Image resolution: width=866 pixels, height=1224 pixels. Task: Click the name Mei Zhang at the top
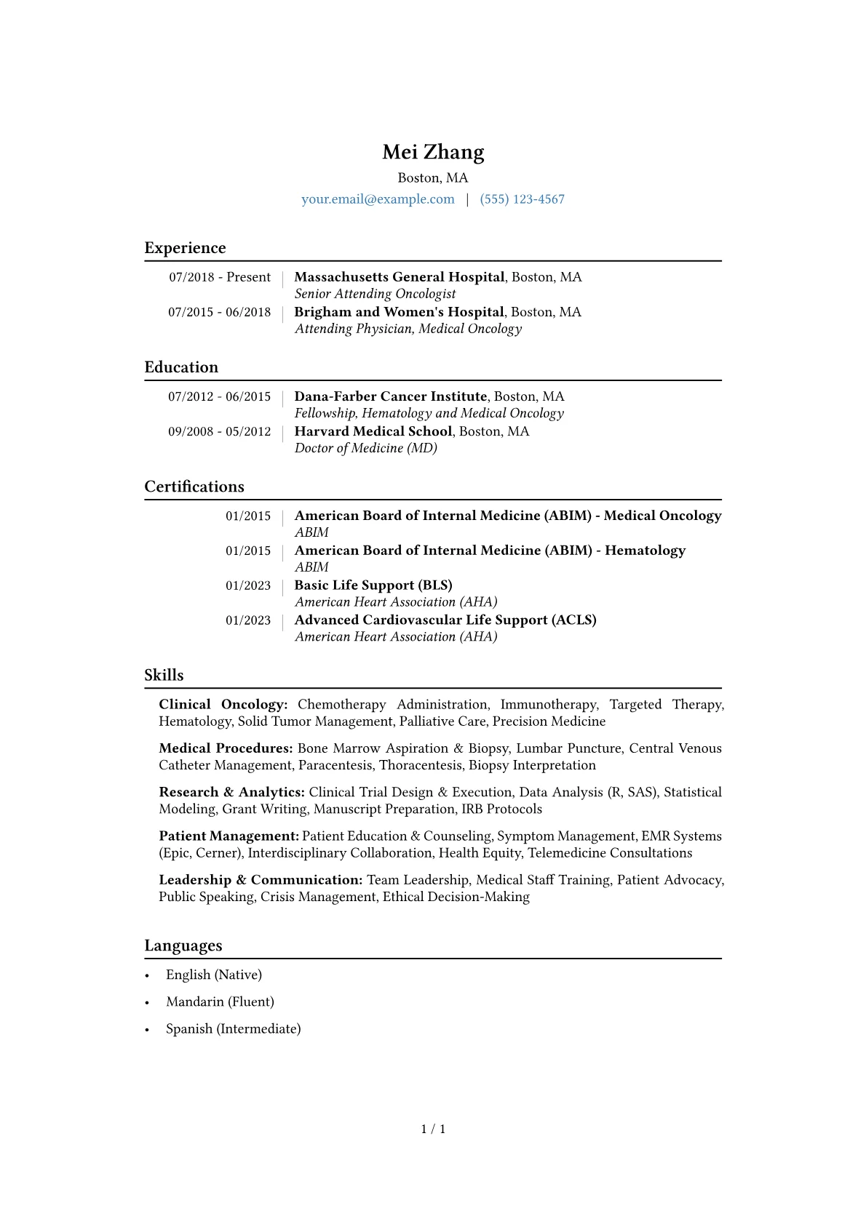pyautogui.click(x=433, y=152)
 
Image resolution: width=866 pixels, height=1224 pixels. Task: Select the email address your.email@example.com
pyautogui.click(x=378, y=199)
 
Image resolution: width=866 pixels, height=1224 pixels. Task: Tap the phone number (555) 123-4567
pyautogui.click(x=522, y=199)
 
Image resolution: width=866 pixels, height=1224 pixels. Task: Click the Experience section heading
pyautogui.click(x=185, y=248)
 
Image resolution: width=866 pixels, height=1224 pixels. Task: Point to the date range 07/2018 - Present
pyautogui.click(x=220, y=277)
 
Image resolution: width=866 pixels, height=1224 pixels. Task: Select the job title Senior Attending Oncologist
pyautogui.click(x=375, y=294)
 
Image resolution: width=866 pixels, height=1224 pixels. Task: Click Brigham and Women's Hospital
pyautogui.click(x=399, y=312)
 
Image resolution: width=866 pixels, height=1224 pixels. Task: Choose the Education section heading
pyautogui.click(x=181, y=367)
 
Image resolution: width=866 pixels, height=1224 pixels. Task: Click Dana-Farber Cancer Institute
pyautogui.click(x=390, y=396)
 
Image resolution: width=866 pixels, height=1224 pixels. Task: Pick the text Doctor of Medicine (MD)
pyautogui.click(x=365, y=448)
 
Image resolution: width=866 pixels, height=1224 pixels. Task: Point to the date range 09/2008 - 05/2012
pyautogui.click(x=219, y=431)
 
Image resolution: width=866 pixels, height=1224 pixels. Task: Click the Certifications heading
pyautogui.click(x=194, y=487)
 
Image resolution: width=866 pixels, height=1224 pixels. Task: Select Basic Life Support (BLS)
pyautogui.click(x=373, y=585)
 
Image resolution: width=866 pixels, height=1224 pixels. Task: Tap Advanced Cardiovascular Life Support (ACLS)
pyautogui.click(x=445, y=620)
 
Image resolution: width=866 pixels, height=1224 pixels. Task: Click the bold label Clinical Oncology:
pyautogui.click(x=223, y=705)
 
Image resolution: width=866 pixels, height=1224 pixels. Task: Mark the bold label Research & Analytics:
pyautogui.click(x=231, y=792)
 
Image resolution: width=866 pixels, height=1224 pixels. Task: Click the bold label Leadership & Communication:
pyautogui.click(x=261, y=880)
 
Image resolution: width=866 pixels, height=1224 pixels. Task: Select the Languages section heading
pyautogui.click(x=183, y=945)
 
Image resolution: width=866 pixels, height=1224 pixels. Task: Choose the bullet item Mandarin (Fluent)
pyautogui.click(x=220, y=1001)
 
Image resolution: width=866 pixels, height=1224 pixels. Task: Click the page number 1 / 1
pyautogui.click(x=433, y=1129)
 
